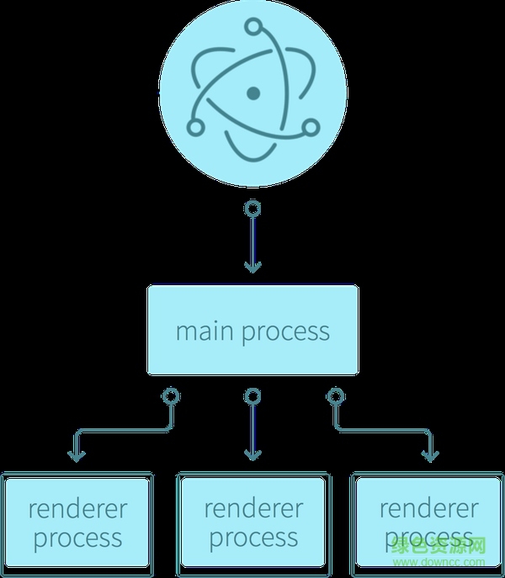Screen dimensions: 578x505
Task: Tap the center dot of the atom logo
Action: [x=252, y=92]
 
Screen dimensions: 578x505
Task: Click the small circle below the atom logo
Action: [x=252, y=208]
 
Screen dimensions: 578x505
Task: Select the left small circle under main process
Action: [x=171, y=395]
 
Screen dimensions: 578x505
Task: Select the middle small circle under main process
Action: [x=252, y=395]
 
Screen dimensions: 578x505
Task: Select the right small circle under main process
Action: [x=335, y=395]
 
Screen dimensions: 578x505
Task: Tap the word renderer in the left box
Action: [x=77, y=509]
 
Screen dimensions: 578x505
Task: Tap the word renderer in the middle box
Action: [x=253, y=508]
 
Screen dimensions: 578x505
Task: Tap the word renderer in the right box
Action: [x=428, y=508]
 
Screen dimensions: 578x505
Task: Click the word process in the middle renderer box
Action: [x=253, y=538]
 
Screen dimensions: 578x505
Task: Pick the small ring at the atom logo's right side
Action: [x=310, y=127]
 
